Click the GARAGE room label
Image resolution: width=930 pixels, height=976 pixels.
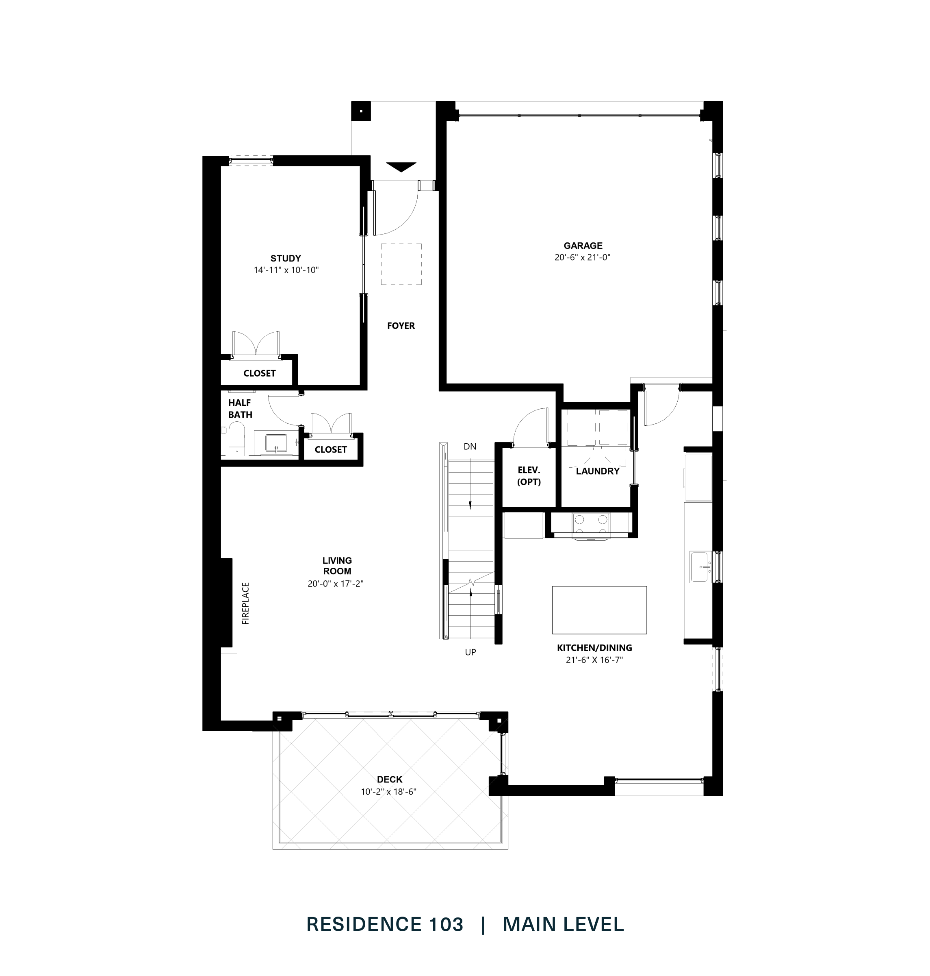[x=583, y=246]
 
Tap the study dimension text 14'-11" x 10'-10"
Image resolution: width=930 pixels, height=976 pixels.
[x=286, y=270]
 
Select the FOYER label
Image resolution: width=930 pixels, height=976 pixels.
[x=401, y=326]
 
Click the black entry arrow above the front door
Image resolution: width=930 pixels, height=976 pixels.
[x=401, y=167]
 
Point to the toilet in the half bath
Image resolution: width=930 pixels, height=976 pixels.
[x=236, y=439]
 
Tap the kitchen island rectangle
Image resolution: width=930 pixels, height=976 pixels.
[x=599, y=610]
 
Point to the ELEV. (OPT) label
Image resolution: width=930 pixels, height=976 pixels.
[x=529, y=476]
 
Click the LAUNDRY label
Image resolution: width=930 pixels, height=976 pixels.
[x=597, y=471]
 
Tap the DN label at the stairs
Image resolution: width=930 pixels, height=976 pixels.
[x=469, y=447]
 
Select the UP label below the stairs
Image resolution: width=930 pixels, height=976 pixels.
[x=470, y=652]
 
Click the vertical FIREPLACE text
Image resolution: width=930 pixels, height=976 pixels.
[x=245, y=603]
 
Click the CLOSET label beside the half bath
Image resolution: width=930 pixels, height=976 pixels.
[x=330, y=449]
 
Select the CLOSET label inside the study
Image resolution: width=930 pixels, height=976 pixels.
[x=259, y=374]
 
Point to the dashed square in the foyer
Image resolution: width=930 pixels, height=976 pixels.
[x=401, y=264]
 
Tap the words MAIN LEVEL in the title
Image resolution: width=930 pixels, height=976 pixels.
[x=563, y=924]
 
